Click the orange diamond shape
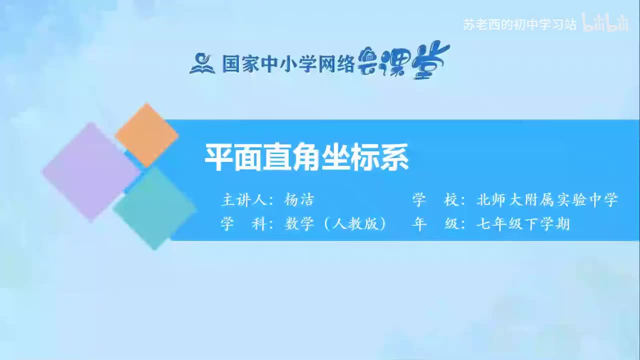[x=146, y=135]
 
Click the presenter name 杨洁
[x=298, y=200]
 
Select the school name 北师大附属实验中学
[x=547, y=200]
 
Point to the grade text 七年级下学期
[x=523, y=224]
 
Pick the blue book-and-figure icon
[x=202, y=63]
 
